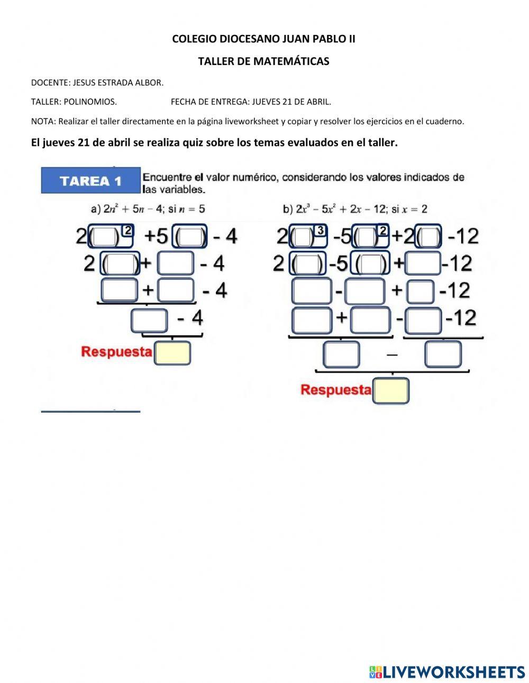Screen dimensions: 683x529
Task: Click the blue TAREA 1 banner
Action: (90, 181)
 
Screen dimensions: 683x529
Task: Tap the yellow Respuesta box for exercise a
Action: (172, 353)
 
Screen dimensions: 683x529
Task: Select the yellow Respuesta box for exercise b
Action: (391, 390)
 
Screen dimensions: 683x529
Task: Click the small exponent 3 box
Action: (320, 230)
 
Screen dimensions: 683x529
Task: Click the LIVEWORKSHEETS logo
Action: (447, 671)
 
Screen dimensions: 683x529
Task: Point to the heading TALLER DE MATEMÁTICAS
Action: (263, 61)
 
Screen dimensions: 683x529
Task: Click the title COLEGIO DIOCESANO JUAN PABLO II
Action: (263, 39)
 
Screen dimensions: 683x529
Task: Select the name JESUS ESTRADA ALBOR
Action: (118, 83)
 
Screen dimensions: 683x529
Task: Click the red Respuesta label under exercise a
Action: (116, 352)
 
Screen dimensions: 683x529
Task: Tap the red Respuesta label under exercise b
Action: (336, 390)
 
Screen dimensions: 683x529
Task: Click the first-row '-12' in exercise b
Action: (463, 236)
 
